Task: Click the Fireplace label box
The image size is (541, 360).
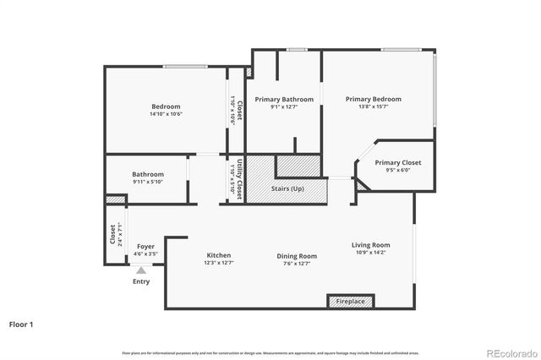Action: coord(350,301)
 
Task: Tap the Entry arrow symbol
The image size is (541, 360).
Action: coord(141,270)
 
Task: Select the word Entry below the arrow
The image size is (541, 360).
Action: coord(141,281)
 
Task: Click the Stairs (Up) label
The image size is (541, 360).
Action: coord(287,188)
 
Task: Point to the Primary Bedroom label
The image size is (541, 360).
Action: coord(373,99)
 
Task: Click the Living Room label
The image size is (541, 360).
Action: coord(371,245)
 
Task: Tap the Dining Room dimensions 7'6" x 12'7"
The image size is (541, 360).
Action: coord(296,263)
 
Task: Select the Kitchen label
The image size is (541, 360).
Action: coord(218,255)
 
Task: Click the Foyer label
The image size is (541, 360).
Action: coord(145,246)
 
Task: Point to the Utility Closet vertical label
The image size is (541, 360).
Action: coord(240,178)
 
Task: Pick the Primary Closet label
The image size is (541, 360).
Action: coord(397,162)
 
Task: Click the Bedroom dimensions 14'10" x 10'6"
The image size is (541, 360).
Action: coord(166,114)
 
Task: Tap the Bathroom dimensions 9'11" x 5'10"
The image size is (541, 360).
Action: coord(147,182)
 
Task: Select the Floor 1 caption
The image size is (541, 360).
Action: coord(23,324)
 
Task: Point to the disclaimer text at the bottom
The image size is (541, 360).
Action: coord(270,352)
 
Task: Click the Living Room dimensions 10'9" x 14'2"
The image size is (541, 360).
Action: coord(371,253)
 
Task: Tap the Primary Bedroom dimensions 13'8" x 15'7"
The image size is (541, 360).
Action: coord(373,106)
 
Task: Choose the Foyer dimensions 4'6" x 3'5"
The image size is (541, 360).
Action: coord(145,254)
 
